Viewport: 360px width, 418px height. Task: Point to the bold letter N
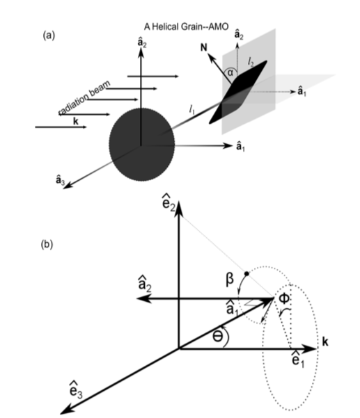(x=207, y=49)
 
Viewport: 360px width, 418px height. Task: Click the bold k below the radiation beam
(x=60, y=120)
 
